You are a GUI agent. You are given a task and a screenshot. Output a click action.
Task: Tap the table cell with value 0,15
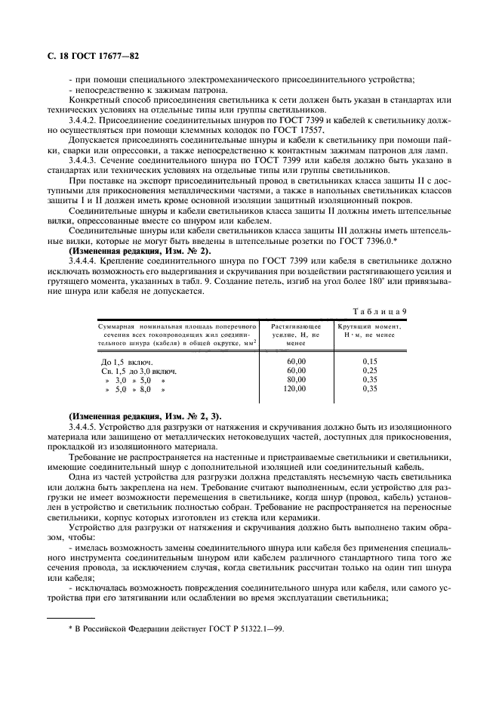[369, 361]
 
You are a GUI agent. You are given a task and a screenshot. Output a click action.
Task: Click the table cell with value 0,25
[369, 370]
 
